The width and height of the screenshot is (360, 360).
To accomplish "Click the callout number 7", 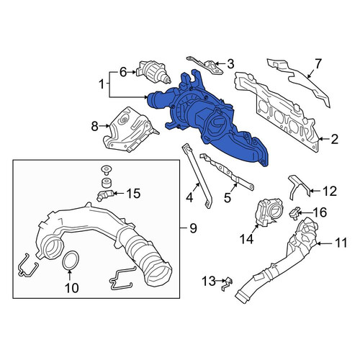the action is click(318, 64).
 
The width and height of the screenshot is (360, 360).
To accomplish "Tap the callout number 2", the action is click(335, 139).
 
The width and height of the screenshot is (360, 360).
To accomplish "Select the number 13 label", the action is click(208, 281).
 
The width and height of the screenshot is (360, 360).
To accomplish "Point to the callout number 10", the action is click(72, 287).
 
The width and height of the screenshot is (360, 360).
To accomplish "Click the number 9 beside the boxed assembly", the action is click(193, 228).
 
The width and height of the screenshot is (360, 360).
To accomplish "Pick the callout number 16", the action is click(320, 212).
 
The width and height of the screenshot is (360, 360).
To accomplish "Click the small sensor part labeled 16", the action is click(294, 212).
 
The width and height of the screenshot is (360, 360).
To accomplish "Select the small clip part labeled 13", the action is click(227, 283).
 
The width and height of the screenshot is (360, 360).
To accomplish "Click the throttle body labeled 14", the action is click(269, 213).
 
